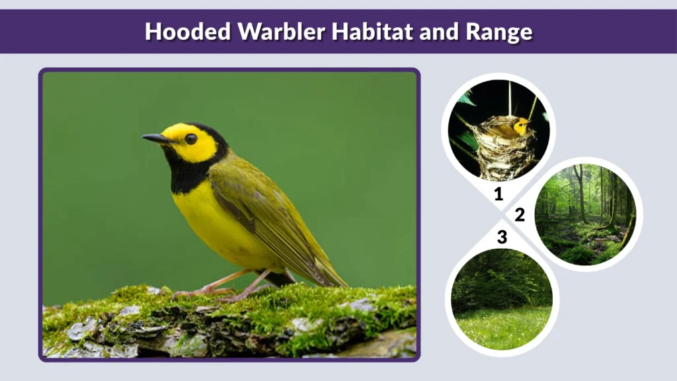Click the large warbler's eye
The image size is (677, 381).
click(x=190, y=139)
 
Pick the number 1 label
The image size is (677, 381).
click(x=498, y=194)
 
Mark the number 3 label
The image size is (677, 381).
click(x=502, y=237)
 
